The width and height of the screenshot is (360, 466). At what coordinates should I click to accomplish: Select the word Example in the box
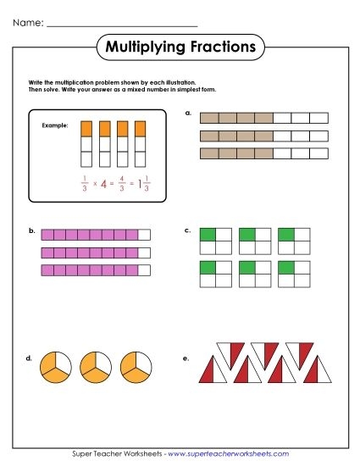click(54, 125)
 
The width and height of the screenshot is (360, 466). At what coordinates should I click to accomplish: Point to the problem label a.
click(187, 112)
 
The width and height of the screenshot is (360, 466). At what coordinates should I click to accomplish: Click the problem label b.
click(31, 230)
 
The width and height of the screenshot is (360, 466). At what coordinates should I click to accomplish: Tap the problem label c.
click(187, 230)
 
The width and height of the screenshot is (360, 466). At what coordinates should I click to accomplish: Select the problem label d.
click(31, 358)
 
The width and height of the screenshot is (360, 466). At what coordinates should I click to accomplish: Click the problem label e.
click(186, 358)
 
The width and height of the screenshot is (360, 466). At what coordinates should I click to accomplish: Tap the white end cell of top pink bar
click(144, 235)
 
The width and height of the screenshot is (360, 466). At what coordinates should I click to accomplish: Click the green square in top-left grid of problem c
click(207, 234)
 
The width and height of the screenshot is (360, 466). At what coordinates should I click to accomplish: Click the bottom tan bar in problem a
click(263, 153)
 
